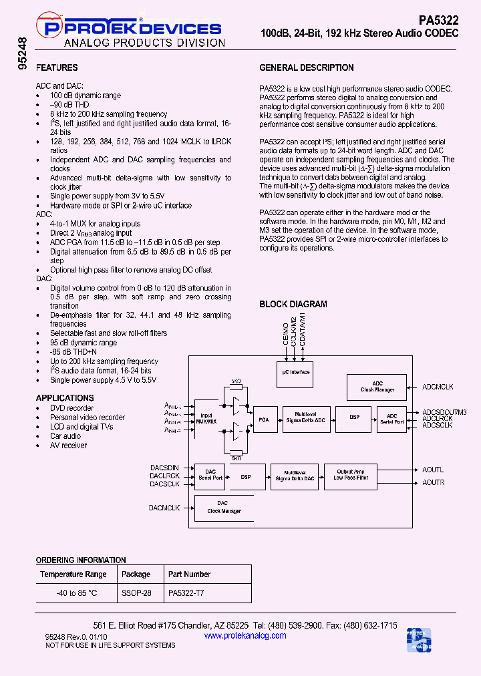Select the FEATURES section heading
57,67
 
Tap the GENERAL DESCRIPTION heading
307,67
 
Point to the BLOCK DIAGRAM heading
293,304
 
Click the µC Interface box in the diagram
296,372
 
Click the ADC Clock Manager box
377,387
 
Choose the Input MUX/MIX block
204,417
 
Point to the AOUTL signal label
433,470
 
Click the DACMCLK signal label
164,508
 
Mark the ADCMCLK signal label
438,387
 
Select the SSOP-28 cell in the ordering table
136,593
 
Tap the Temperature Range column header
73,574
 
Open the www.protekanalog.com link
245,635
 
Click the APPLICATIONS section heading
65,398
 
